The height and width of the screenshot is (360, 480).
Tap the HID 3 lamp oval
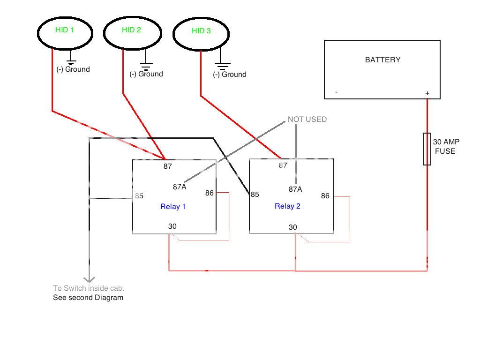(202, 33)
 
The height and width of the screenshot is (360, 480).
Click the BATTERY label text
(382, 60)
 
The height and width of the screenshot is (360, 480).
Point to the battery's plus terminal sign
(427, 93)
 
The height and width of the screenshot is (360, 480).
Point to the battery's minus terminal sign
(337, 92)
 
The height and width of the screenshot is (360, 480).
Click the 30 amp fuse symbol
(427, 149)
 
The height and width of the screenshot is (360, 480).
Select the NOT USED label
(307, 120)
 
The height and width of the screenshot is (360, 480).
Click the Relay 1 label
(173, 207)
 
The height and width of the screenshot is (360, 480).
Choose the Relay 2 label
(287, 206)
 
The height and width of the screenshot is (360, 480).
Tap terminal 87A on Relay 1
(180, 187)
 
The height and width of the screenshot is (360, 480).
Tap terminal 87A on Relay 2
(295, 189)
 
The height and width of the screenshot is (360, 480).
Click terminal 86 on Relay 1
(209, 193)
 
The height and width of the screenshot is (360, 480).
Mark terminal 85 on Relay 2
(255, 195)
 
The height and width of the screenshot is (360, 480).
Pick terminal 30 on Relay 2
(293, 227)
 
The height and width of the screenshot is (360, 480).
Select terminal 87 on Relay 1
(168, 166)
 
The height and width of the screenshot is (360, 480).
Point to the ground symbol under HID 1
(71, 60)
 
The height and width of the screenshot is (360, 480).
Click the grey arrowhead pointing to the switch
(89, 277)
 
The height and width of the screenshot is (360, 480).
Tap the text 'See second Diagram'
(88, 298)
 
